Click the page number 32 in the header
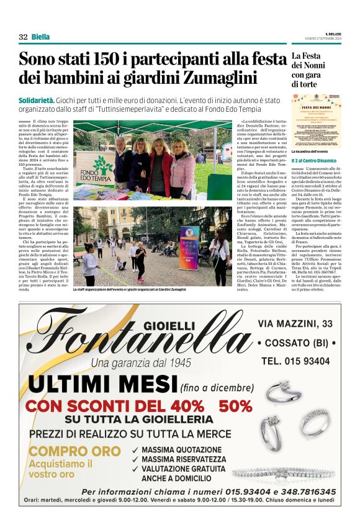23,37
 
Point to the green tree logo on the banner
103,164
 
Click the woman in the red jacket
160,166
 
